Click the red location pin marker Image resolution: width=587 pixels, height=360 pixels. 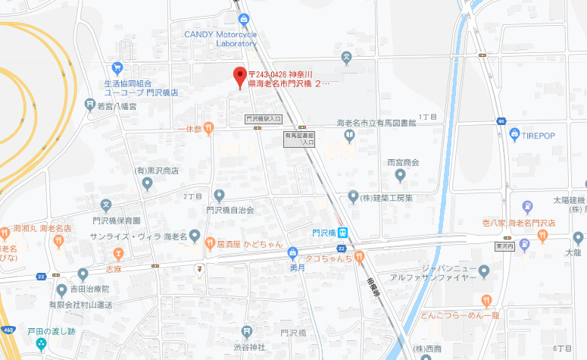[239, 76]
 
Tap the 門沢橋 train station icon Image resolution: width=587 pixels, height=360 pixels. [343, 233]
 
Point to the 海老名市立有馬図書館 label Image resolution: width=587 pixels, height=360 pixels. [376, 123]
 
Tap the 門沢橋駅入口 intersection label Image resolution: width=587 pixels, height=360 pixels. [264, 119]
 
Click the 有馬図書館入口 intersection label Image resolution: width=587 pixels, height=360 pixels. [299, 139]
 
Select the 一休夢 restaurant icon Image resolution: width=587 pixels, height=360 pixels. [209, 128]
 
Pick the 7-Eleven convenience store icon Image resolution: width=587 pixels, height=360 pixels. [198, 268]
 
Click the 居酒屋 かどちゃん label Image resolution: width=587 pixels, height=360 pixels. [250, 243]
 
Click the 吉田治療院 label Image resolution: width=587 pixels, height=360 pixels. [90, 290]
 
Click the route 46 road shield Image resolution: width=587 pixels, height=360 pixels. [501, 121]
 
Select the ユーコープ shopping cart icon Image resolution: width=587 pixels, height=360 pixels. [117, 67]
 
